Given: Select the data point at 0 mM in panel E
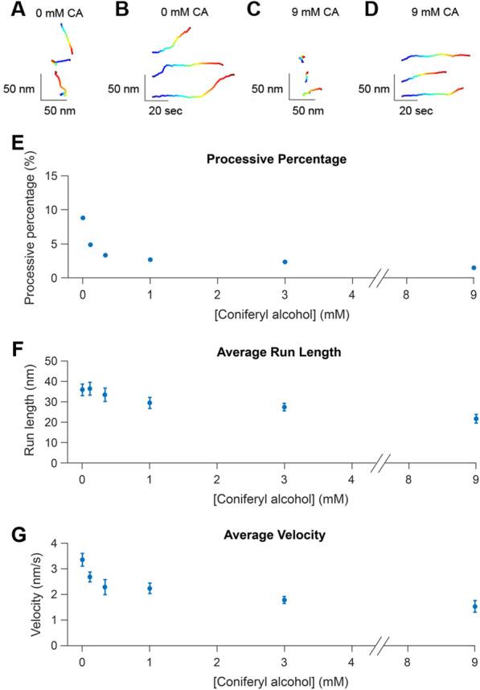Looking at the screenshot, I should tap(82, 218).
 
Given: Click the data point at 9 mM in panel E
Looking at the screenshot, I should tap(474, 268).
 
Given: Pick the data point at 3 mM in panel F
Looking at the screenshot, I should tap(284, 407).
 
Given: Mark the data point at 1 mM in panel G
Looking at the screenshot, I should tap(150, 589).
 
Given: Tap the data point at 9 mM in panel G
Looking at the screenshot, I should tap(474, 606).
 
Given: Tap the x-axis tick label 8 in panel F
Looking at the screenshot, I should tap(407, 478).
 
